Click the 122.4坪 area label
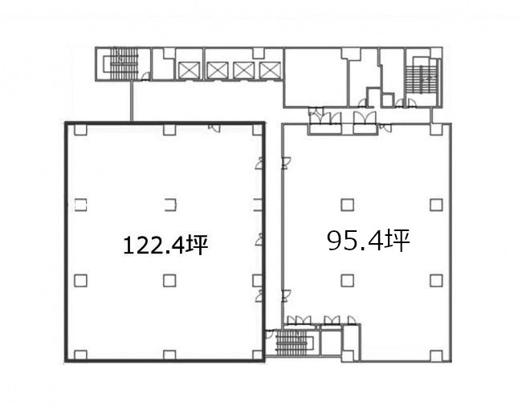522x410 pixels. pos(165,245)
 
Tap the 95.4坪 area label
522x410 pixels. pos(369,241)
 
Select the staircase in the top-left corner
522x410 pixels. pos(124,64)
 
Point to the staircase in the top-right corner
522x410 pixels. pos(421,79)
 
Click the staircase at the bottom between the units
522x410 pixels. pos(293,343)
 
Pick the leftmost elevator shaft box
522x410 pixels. pos(189,70)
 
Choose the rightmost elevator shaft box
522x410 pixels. pos(270,70)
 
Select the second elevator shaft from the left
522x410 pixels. pos(218,70)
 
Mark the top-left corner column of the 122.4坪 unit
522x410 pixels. pos(80,129)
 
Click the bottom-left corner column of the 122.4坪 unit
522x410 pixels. pos(80,355)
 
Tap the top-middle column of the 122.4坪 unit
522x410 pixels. pos(169,129)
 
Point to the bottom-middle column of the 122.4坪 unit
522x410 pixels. pos(169,355)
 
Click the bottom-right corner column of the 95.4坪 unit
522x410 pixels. pos(436,355)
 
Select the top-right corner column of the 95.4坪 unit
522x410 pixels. pos(436,129)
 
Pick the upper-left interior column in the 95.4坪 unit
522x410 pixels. pos(347,205)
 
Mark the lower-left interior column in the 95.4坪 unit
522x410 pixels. pos(347,281)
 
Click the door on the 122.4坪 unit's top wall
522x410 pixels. pos(214,128)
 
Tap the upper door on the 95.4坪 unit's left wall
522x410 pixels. pos(287,163)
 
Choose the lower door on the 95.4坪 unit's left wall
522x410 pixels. pos(287,295)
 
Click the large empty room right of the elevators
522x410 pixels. pos(316,78)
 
